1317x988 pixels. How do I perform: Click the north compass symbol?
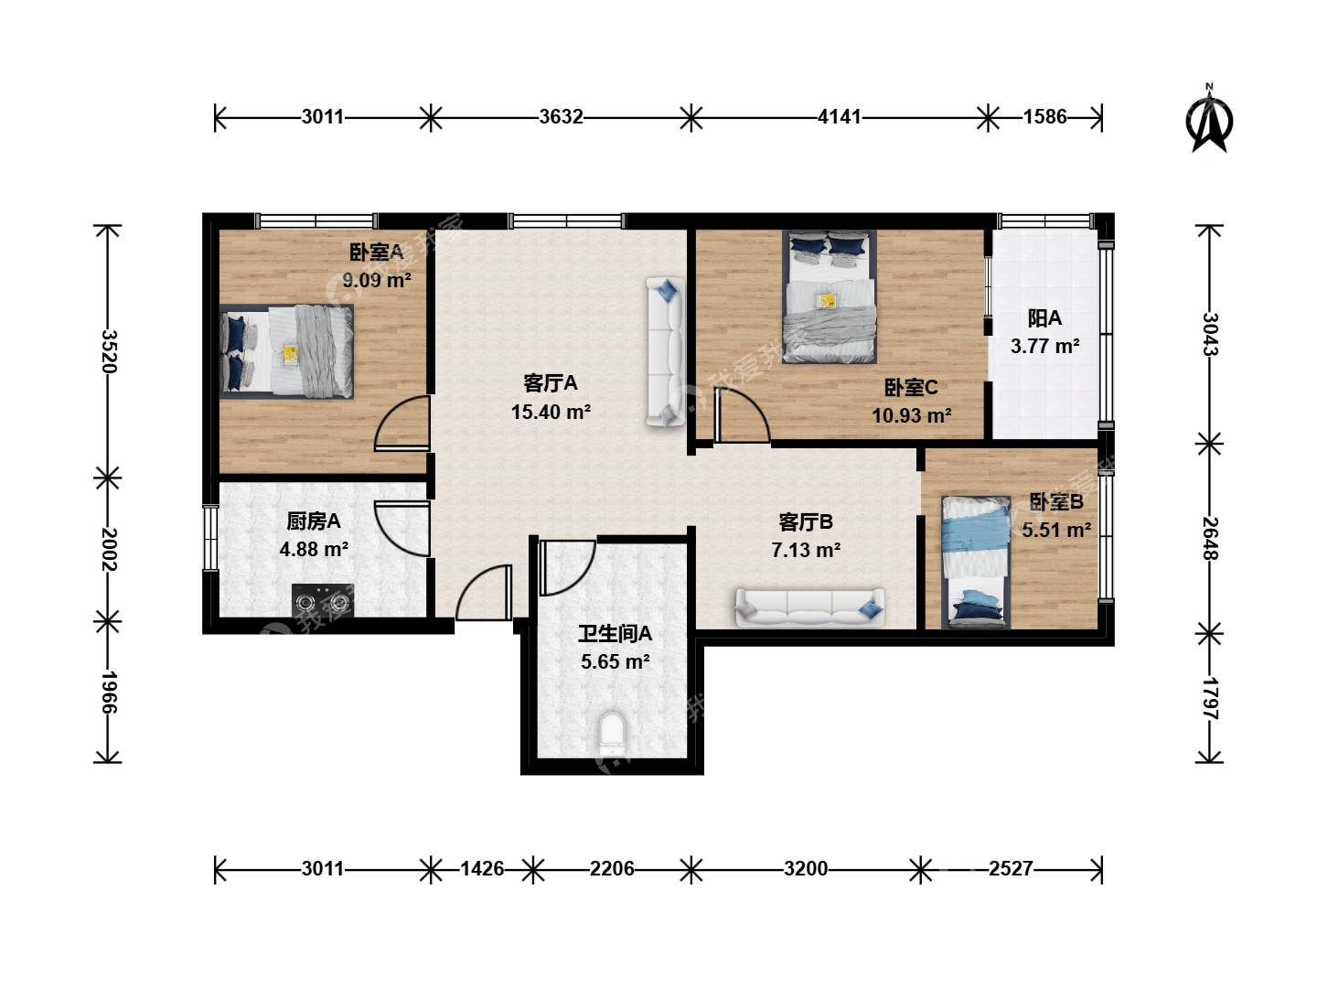pos(1209,120)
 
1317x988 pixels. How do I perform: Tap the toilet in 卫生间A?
pos(612,734)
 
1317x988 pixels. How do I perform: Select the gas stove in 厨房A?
pos(322,600)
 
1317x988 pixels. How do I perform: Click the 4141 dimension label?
pos(839,116)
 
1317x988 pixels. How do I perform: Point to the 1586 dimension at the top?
pos(1044,116)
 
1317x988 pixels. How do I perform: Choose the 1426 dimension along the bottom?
pos(482,868)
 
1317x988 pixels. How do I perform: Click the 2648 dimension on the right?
pos(1210,538)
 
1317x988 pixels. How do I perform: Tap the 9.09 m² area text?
pos(377,280)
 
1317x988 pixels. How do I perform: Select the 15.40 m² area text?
pos(551,412)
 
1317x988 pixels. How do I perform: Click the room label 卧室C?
pos(911,388)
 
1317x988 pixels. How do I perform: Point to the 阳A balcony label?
pos(1044,318)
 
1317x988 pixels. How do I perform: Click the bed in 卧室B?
pos(976,562)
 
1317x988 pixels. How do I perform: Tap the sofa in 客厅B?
pos(810,607)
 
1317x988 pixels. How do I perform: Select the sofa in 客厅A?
pos(666,352)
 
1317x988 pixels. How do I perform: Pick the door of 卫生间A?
pos(567,567)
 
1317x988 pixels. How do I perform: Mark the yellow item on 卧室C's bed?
pos(827,301)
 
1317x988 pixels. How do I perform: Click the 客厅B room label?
pos(805,521)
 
